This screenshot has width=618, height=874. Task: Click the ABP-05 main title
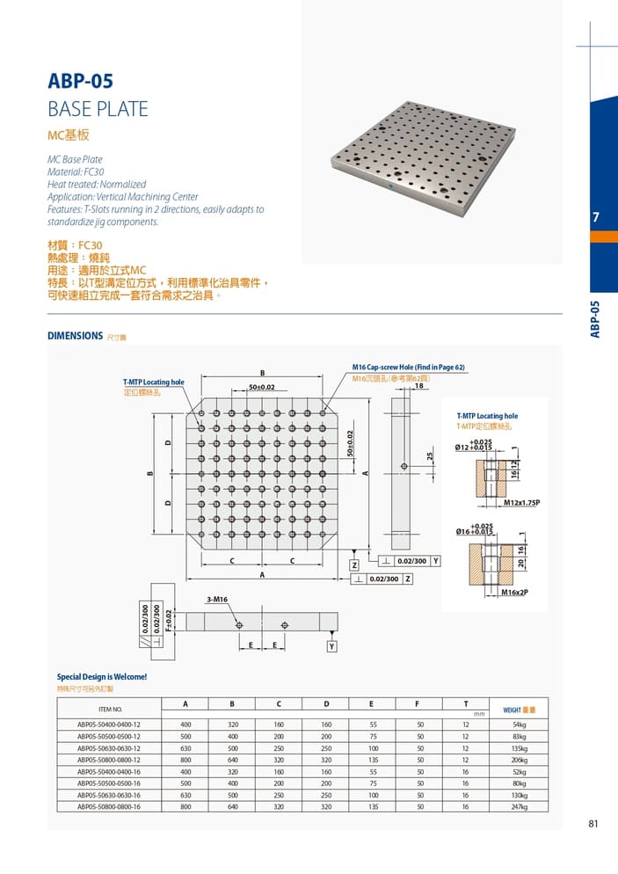(80, 82)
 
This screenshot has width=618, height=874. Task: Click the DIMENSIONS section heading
(76, 335)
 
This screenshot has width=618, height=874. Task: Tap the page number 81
(594, 824)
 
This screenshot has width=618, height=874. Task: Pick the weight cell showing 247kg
(518, 805)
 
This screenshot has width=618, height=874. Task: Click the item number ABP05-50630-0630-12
(109, 747)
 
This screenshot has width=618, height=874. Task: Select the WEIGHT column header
(518, 708)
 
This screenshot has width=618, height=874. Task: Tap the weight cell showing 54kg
(518, 725)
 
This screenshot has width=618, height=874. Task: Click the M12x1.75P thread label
(521, 503)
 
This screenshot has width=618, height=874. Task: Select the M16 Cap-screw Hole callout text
(408, 367)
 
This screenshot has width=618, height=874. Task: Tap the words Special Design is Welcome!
(102, 677)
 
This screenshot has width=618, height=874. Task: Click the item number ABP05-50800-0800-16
(109, 805)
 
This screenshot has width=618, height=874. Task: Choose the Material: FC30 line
(76, 172)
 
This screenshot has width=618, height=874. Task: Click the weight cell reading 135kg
(518, 747)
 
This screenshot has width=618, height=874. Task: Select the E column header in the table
(372, 703)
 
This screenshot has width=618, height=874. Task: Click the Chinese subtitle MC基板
(69, 136)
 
